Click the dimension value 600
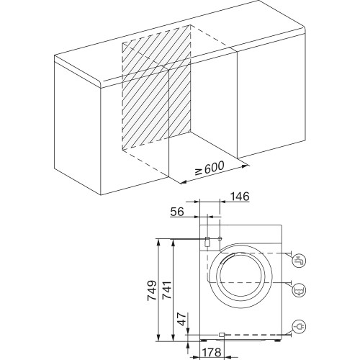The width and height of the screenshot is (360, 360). coord(215,167)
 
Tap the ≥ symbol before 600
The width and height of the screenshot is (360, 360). coord(198,172)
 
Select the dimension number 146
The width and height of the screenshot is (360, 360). coord(240,197)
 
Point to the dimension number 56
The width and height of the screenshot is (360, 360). coord(177,212)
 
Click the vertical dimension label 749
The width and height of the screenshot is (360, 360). coord(152,290)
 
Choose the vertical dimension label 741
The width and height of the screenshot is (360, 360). coord(167,290)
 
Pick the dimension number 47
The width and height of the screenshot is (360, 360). coord(182,319)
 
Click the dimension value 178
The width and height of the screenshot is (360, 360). coord(212,352)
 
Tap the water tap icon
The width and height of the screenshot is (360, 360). coord(300,261)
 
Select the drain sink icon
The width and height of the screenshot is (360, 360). coord(300,290)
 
